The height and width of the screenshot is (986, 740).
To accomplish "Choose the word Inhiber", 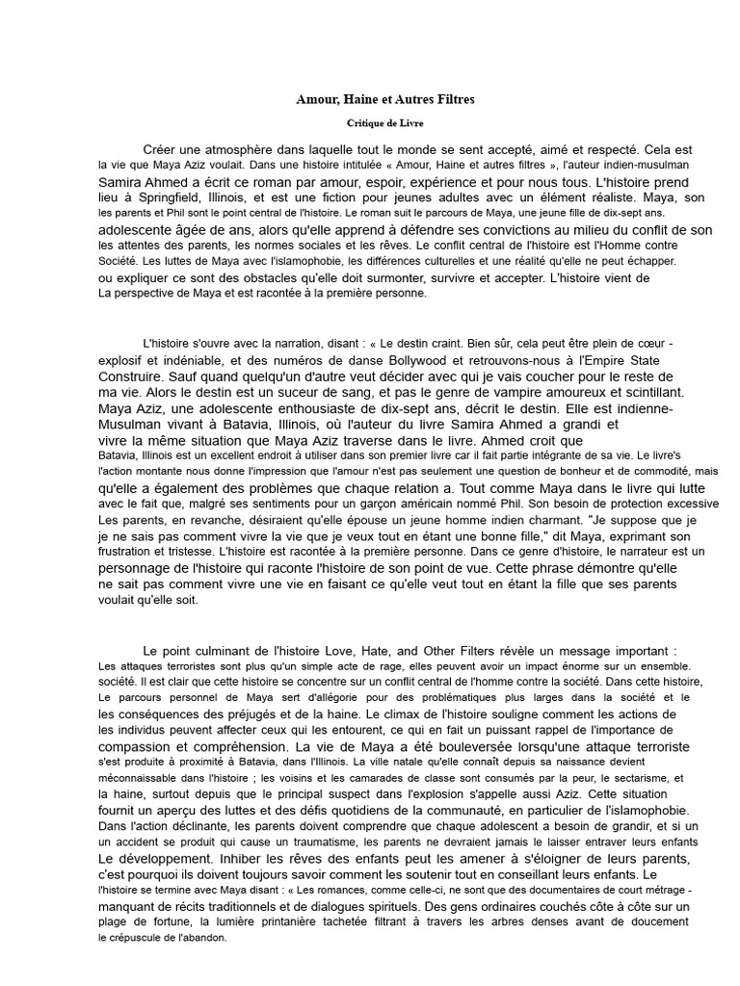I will (x=250, y=857).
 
